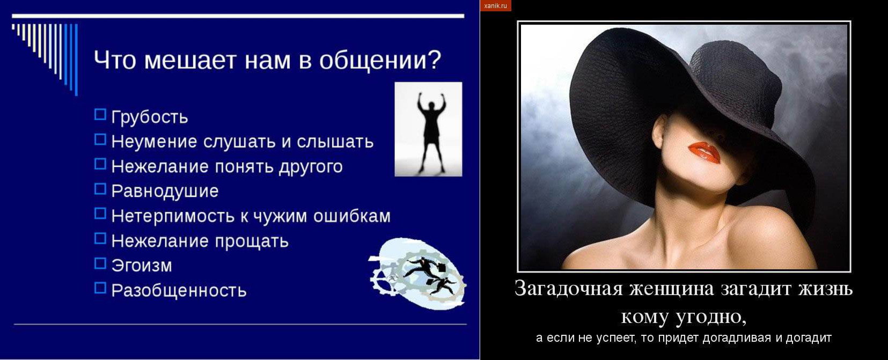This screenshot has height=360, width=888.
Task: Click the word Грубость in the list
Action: coord(150,117)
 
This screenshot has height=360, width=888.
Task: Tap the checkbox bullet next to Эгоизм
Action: coord(100,263)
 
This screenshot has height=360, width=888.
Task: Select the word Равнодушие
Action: coord(165,192)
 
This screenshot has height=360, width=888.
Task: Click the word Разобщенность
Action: coord(179,291)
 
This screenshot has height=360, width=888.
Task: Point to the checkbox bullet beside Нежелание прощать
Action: coord(100,238)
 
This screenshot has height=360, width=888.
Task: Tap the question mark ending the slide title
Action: coord(432,59)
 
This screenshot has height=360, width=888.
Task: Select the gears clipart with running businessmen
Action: coord(417,274)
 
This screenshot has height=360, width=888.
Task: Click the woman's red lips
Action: coord(704,153)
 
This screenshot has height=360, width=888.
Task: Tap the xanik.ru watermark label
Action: coord(496,5)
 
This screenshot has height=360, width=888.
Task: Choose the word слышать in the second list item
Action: coord(335,142)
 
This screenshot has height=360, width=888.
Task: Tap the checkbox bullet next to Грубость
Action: coord(100,114)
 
